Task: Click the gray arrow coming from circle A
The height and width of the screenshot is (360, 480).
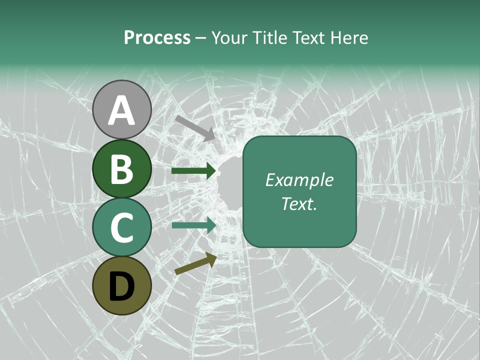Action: point(195,127)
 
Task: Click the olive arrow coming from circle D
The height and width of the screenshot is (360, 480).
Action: point(195,264)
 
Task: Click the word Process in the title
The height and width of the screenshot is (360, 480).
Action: point(157,37)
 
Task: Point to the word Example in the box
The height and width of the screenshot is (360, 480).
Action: point(299,180)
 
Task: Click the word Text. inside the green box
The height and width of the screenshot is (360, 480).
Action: point(299,204)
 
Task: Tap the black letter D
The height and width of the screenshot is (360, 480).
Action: point(122,286)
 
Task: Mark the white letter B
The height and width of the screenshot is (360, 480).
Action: point(122,169)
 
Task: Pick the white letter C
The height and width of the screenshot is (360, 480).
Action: point(122,228)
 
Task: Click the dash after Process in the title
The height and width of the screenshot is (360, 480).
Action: point(201,38)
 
